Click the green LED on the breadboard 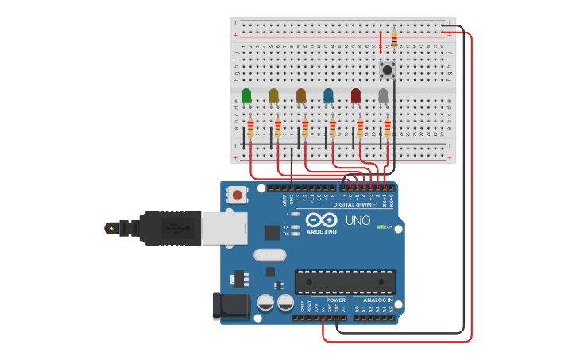[246, 96]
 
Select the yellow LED [274, 96]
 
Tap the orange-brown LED [301, 96]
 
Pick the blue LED [329, 96]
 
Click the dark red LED [356, 96]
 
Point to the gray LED [384, 96]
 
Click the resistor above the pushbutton [394, 37]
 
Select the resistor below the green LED [251, 128]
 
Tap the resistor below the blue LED [333, 128]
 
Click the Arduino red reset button [236, 194]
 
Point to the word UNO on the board [358, 220]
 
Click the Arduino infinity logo [321, 220]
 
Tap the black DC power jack [230, 307]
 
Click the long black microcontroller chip [345, 281]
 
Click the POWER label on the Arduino [335, 300]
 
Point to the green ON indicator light [381, 227]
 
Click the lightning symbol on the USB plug [110, 229]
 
